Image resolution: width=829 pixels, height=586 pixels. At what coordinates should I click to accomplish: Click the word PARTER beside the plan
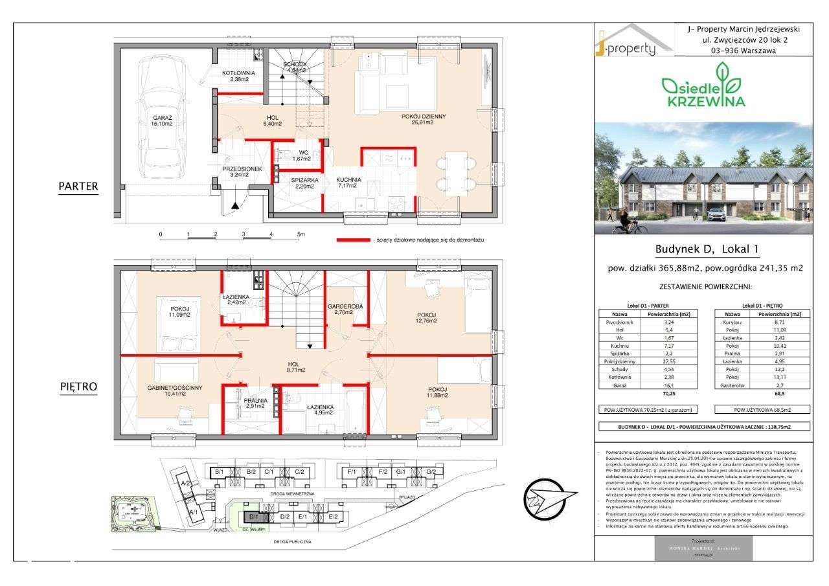78,186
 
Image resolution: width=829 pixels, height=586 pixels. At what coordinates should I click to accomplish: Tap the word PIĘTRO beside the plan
78,387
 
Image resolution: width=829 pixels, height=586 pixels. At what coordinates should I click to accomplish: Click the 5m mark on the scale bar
300,234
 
